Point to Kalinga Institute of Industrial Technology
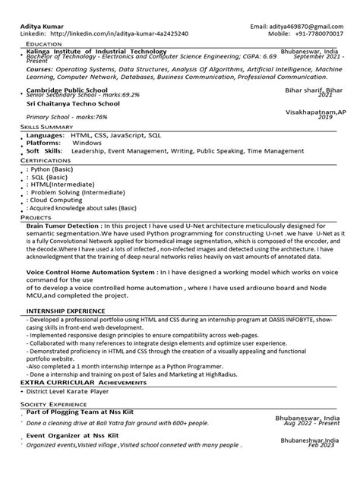102,50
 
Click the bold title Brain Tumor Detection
64,226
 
